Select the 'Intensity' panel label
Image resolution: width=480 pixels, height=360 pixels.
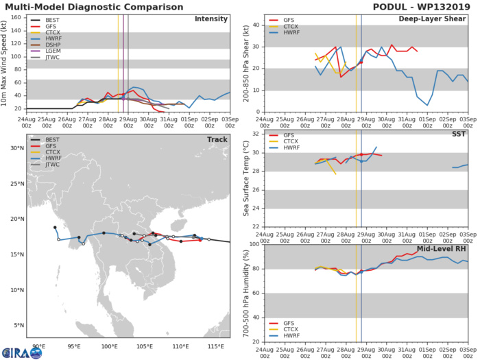[211, 19]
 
